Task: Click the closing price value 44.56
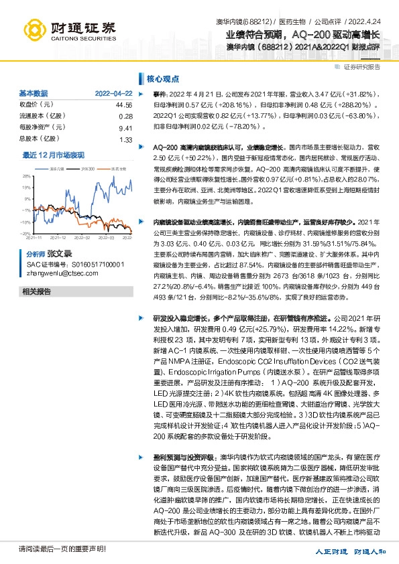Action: pos(124,105)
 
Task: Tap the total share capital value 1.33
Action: pos(126,139)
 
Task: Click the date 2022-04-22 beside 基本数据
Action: pos(113,93)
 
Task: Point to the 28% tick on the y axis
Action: pos(25,176)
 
